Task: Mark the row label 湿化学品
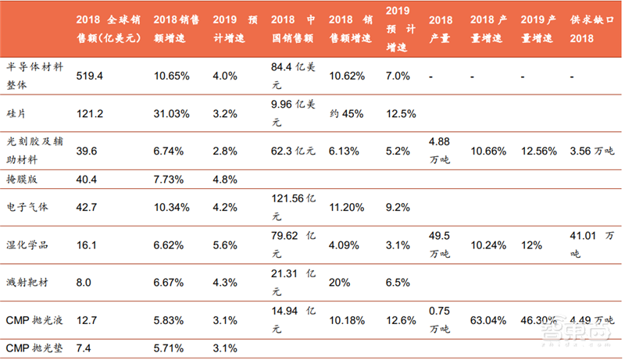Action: [28, 244]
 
